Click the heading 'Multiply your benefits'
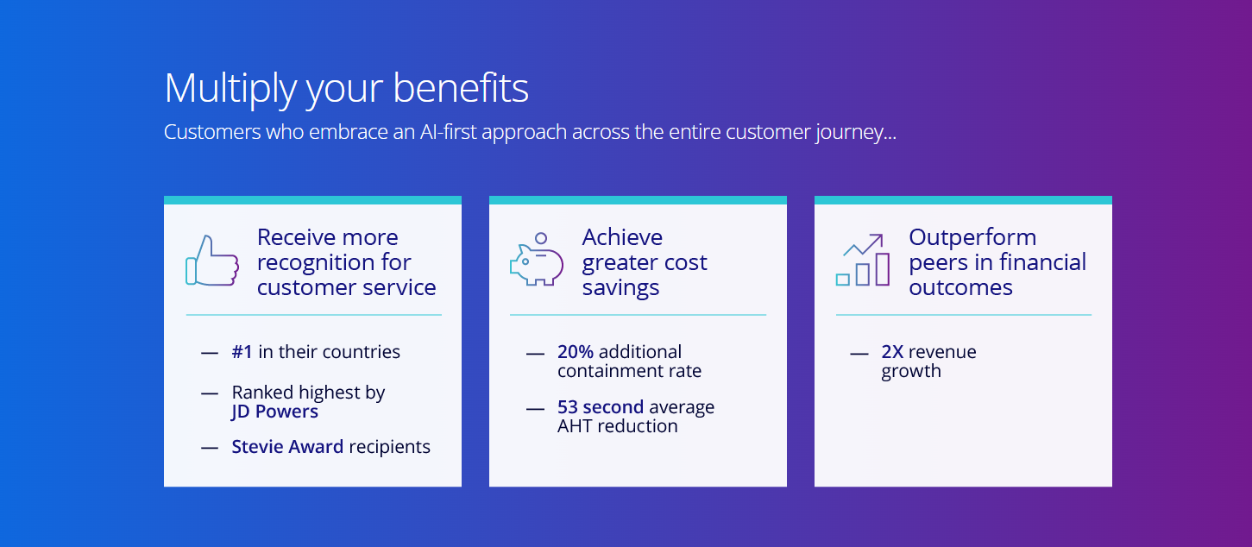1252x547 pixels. (346, 88)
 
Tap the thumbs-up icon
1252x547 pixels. (212, 261)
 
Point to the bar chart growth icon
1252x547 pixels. (863, 260)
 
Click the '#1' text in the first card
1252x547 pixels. (242, 352)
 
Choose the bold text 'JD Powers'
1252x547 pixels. (274, 412)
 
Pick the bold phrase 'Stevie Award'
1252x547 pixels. (287, 446)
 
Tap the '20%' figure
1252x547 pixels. (576, 352)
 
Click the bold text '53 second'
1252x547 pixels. (601, 406)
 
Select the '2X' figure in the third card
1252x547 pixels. (892, 352)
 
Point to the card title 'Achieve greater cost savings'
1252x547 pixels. (645, 262)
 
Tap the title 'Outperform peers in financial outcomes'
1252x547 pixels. (997, 262)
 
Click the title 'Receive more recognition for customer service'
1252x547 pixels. (346, 262)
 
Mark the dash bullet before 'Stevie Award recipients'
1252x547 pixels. (210, 448)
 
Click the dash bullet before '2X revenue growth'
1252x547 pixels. (859, 354)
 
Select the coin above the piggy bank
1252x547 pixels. (540, 238)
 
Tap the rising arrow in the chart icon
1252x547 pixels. (864, 244)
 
